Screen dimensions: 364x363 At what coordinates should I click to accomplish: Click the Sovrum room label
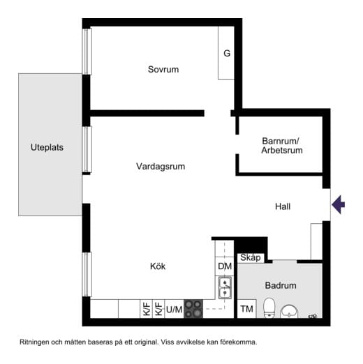click(163, 69)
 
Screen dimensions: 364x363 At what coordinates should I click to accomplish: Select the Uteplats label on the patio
click(47, 147)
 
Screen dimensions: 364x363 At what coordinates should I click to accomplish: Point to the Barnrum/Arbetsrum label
click(281, 144)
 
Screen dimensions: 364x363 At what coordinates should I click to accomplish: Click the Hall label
click(282, 206)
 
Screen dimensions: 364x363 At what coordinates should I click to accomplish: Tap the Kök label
click(158, 266)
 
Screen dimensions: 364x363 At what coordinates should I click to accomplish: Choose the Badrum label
click(281, 285)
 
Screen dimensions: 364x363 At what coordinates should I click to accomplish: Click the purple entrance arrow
click(339, 204)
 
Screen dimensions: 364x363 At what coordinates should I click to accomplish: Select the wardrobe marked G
click(226, 53)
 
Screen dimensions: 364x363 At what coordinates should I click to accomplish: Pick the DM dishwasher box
click(224, 266)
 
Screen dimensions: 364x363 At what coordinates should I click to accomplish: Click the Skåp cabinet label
click(250, 258)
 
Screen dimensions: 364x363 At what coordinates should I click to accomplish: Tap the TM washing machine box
click(246, 308)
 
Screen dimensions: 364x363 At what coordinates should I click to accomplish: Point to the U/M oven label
click(174, 309)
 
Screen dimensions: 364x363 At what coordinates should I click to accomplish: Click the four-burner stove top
click(193, 309)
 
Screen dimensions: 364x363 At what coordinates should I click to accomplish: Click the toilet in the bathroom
click(269, 308)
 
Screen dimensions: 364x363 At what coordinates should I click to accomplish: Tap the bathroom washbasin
click(290, 310)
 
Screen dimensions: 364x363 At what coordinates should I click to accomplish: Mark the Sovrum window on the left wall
click(87, 51)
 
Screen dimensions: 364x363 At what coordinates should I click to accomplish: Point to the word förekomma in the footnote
click(237, 342)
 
